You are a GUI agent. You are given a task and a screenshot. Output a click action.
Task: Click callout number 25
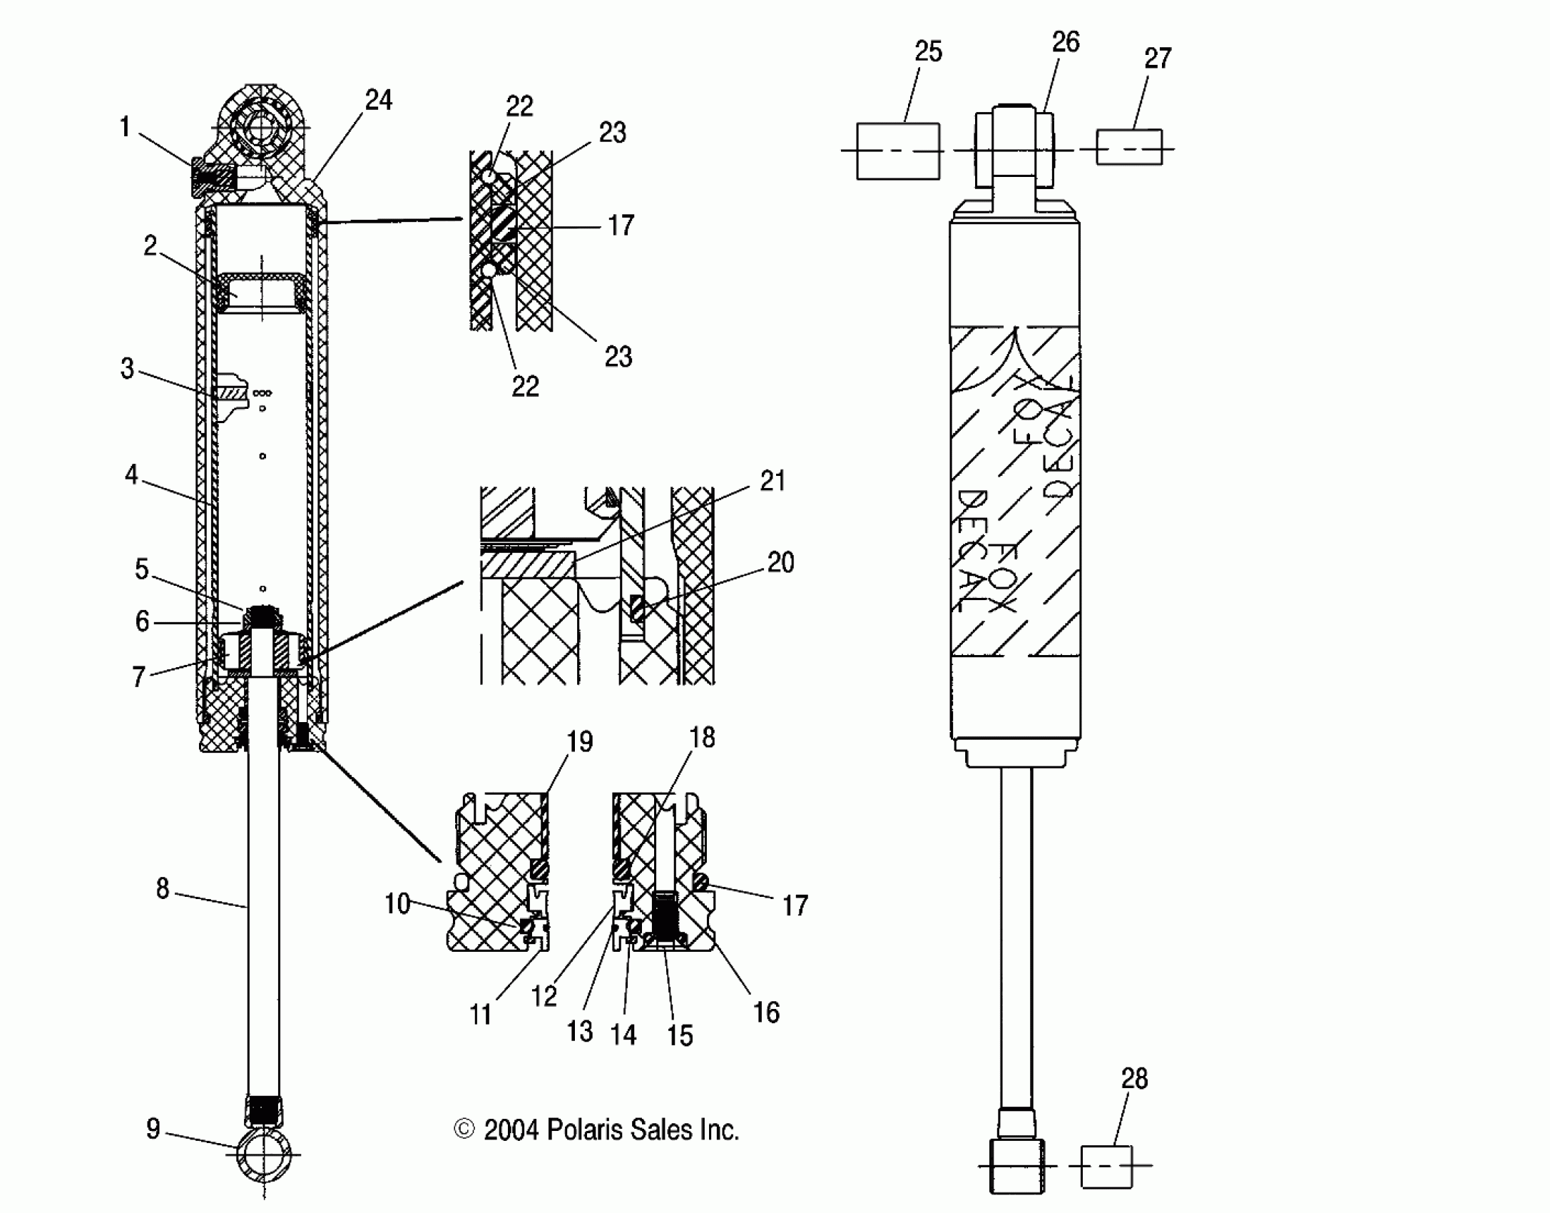pyautogui.click(x=928, y=52)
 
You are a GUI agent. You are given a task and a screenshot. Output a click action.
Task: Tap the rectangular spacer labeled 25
pyautogui.click(x=897, y=151)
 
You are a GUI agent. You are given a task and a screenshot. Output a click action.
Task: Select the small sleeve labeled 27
pyautogui.click(x=1128, y=148)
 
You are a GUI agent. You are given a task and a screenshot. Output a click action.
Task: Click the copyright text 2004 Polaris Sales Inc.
pyautogui.click(x=597, y=1130)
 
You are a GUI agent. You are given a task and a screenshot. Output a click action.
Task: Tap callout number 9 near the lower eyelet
pyautogui.click(x=153, y=1128)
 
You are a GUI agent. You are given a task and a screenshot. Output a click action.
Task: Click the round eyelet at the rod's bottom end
pyautogui.click(x=263, y=1154)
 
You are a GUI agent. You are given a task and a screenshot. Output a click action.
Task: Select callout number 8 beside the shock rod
pyautogui.click(x=163, y=888)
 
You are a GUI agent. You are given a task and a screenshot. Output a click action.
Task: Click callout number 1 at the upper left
pyautogui.click(x=125, y=127)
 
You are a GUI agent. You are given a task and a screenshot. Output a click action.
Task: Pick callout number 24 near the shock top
pyautogui.click(x=378, y=101)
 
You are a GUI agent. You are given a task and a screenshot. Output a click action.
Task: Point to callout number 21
pyautogui.click(x=773, y=481)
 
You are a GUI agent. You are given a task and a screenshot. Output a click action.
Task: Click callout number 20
pyautogui.click(x=780, y=562)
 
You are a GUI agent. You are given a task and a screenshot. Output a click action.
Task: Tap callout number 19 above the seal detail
pyautogui.click(x=579, y=742)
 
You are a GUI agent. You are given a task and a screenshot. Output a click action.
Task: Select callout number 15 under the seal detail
pyautogui.click(x=680, y=1035)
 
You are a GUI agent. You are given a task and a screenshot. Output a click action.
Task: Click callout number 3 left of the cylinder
pyautogui.click(x=127, y=369)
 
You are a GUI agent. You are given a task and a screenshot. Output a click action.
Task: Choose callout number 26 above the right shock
pyautogui.click(x=1066, y=43)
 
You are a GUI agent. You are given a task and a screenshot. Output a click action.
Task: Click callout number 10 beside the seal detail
pyautogui.click(x=397, y=904)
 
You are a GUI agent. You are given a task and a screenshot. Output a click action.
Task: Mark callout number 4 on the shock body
pyautogui.click(x=131, y=474)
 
